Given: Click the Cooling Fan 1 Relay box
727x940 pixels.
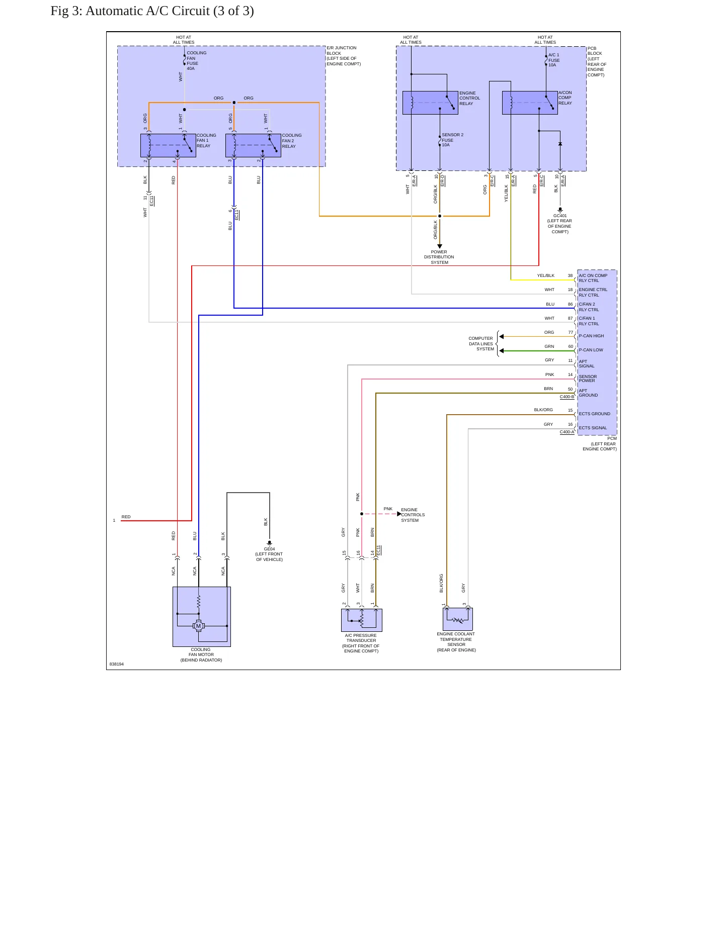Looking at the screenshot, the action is pyautogui.click(x=168, y=146).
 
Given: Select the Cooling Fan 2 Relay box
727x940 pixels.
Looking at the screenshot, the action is pyautogui.click(x=253, y=146).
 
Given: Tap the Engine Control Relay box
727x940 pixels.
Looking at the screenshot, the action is pyautogui.click(x=430, y=103).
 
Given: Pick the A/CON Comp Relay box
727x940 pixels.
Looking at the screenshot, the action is pyautogui.click(x=530, y=103).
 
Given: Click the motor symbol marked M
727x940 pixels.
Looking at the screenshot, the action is pyautogui.click(x=199, y=626).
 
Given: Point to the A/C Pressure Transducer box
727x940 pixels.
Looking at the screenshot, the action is pyautogui.click(x=362, y=620).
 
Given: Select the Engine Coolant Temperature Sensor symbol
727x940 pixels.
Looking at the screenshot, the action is pyautogui.click(x=458, y=619).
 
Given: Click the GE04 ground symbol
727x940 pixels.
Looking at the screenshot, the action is pyautogui.click(x=270, y=543).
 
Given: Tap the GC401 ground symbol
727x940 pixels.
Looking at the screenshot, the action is pyautogui.click(x=560, y=210).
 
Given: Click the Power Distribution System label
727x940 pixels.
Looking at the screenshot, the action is pyautogui.click(x=439, y=257).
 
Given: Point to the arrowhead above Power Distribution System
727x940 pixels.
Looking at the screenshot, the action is pyautogui.click(x=440, y=246).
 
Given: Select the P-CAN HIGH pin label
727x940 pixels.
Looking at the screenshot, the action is pyautogui.click(x=591, y=336).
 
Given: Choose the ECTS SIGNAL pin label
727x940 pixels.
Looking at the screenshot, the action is pyautogui.click(x=593, y=428).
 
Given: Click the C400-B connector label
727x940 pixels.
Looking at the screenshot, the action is pyautogui.click(x=567, y=397).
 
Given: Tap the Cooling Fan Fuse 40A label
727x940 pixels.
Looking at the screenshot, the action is pyautogui.click(x=197, y=60).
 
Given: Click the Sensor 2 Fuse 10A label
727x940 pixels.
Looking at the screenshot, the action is pyautogui.click(x=453, y=140).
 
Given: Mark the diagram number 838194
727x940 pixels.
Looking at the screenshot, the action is pyautogui.click(x=117, y=664).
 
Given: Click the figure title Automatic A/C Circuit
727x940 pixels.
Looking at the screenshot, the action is pyautogui.click(x=170, y=11).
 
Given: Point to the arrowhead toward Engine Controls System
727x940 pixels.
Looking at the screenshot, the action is pyautogui.click(x=399, y=514).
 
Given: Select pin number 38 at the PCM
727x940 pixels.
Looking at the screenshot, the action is pyautogui.click(x=570, y=275).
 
